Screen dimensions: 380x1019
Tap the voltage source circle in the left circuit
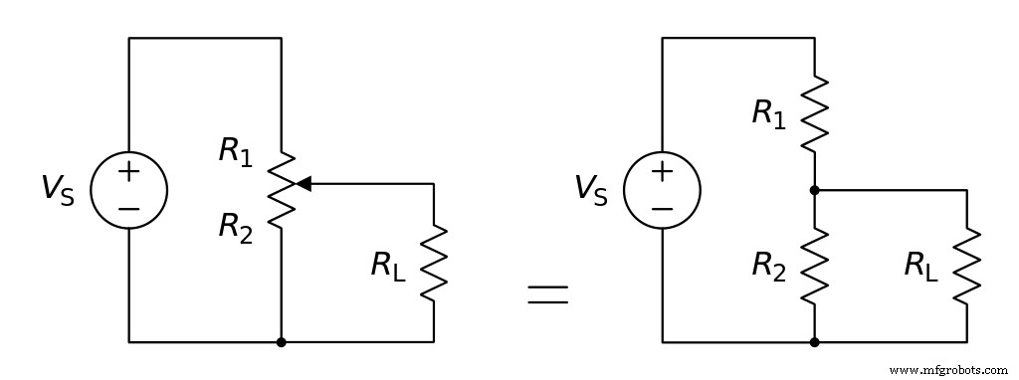coord(128,190)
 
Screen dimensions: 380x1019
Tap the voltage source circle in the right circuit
coord(662,190)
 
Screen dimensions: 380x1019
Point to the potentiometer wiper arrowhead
coord(304,183)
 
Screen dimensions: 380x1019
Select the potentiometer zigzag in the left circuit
coord(282,190)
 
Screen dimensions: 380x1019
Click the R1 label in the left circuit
coord(236,151)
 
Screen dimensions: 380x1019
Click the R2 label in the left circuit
coord(236,228)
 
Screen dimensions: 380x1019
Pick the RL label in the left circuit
coord(389,265)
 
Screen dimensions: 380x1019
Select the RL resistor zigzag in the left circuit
coord(434,263)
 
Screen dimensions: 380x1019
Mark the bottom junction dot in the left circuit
coord(282,342)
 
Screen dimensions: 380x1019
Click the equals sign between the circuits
coord(547,294)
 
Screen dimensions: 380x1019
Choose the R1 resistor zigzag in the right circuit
coord(815,112)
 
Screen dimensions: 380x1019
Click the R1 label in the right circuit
coord(768,113)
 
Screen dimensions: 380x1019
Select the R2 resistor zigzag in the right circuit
coord(815,265)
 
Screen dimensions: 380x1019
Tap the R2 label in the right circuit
coord(768,265)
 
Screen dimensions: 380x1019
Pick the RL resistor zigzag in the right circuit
coord(967,265)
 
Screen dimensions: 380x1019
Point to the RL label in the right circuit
coord(921,265)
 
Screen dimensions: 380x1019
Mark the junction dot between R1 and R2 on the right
coord(815,189)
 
